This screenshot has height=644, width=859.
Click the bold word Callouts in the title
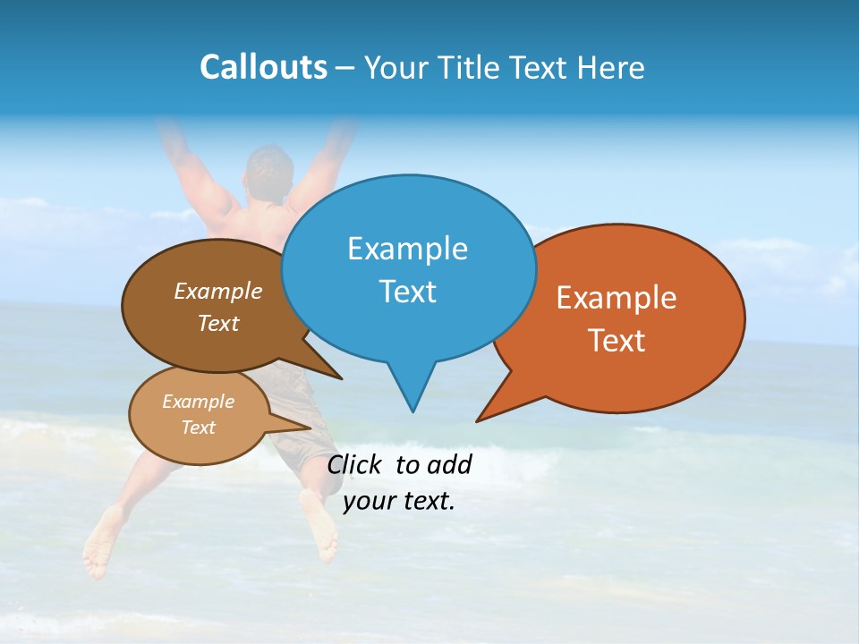point(263,67)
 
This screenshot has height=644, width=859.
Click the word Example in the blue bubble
point(407,249)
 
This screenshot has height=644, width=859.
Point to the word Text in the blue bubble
point(407,292)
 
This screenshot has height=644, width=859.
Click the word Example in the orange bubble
point(617,298)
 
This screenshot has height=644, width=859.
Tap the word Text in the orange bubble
point(617,341)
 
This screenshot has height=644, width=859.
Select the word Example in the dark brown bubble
point(217,292)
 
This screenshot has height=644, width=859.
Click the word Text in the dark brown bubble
point(217,323)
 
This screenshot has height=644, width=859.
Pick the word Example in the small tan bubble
point(198,402)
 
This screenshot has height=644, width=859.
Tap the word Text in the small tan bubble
point(198,428)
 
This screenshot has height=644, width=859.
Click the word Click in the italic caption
point(355,464)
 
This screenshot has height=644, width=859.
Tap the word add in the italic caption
point(448,464)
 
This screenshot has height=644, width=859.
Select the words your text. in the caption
point(398,501)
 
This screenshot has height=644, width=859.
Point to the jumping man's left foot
point(104,541)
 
